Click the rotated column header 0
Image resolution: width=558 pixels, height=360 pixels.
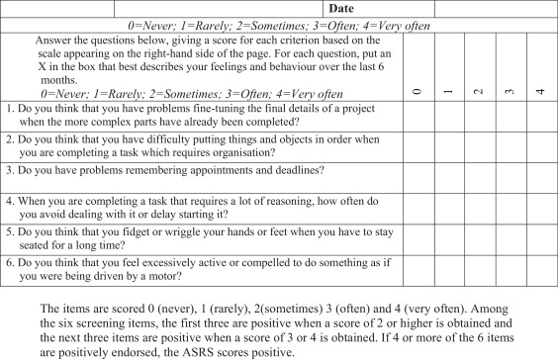[418, 91]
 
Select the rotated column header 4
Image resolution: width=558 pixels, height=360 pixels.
[540, 91]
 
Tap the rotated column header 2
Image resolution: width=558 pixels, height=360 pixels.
[479, 91]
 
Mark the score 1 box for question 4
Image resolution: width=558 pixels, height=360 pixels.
[448, 208]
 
